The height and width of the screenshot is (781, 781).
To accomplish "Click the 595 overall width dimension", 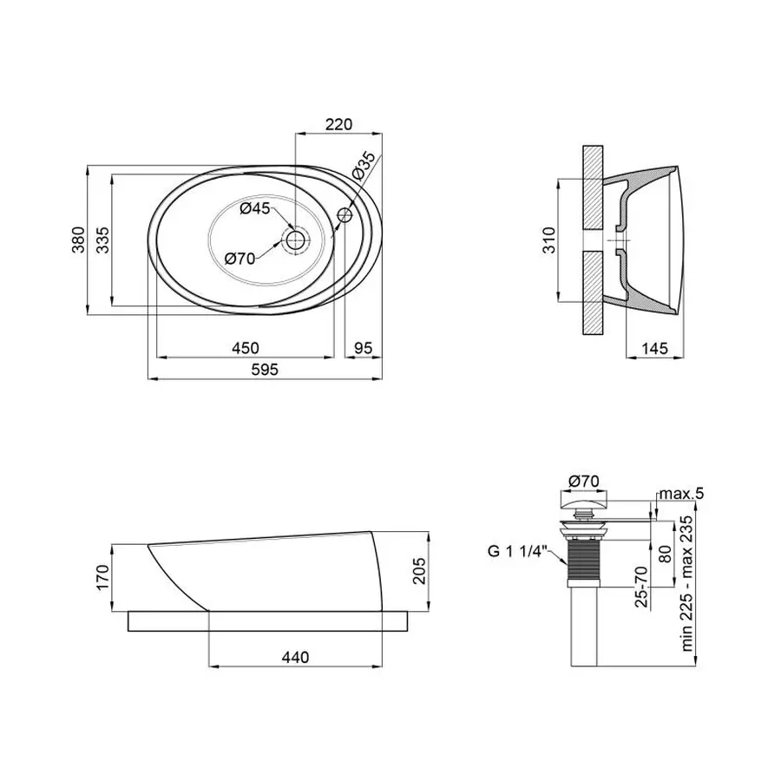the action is tap(265, 370).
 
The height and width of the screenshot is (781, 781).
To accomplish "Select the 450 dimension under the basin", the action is tap(246, 348).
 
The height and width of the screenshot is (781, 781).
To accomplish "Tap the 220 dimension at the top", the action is tap(338, 124).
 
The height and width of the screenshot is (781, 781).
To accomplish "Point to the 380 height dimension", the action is tap(79, 240).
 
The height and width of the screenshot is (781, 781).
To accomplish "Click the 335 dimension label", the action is tap(102, 240).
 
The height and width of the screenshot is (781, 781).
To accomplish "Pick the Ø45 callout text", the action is tap(254, 208).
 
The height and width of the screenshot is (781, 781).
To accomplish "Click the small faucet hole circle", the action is tap(345, 214).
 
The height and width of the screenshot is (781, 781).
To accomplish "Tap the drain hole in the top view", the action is tap(295, 240).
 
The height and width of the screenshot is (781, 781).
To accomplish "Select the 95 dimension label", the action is tap(363, 348).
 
